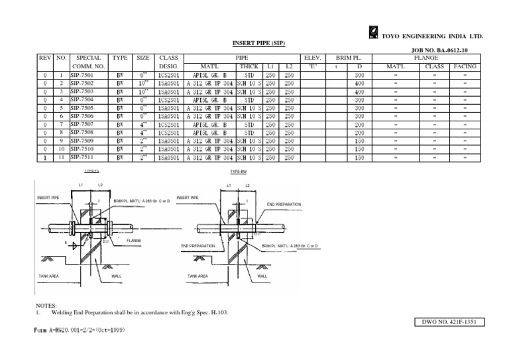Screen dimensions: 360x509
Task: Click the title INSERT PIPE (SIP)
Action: coord(258,43)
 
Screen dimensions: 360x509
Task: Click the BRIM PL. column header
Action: coord(349,58)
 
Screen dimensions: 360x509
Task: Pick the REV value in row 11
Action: coord(44,158)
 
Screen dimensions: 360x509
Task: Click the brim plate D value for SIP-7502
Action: coord(359,84)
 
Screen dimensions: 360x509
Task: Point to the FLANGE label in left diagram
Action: coord(135,241)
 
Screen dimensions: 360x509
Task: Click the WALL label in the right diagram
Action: coord(262,276)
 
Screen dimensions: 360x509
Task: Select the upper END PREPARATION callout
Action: coord(284,204)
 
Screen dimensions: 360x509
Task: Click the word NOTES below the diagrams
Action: coord(47,305)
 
